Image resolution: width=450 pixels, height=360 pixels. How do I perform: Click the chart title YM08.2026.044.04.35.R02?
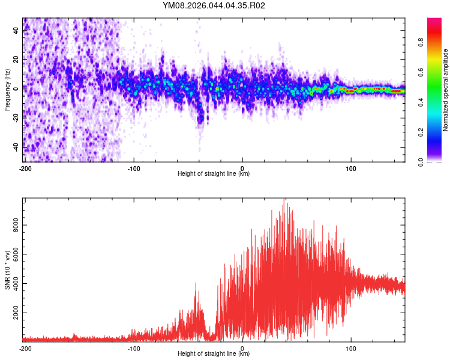(214, 6)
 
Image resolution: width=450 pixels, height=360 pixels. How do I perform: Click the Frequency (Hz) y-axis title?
(7, 90)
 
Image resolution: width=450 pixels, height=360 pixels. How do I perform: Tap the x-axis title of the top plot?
(214, 174)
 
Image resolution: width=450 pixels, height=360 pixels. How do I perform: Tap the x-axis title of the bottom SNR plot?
(214, 354)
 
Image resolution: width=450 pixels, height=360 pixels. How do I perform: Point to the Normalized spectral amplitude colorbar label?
(446, 90)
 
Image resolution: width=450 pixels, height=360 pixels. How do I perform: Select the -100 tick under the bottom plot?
(134, 348)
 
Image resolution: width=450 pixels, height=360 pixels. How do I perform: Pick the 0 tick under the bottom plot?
(242, 348)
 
